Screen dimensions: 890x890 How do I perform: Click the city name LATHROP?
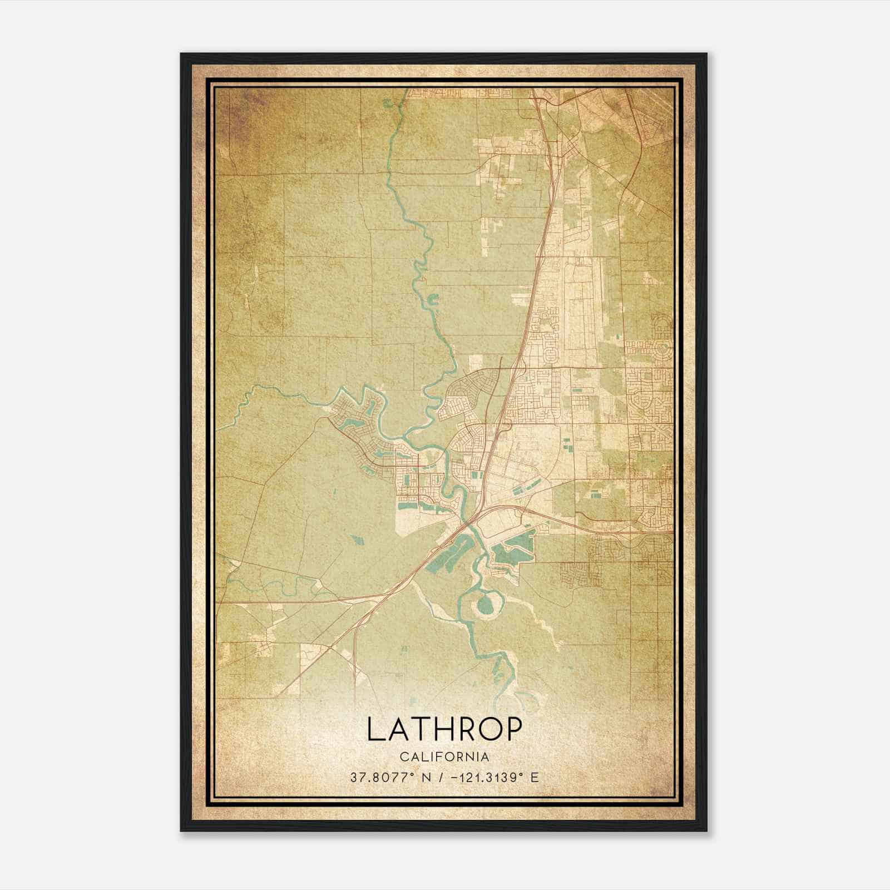coord(444,729)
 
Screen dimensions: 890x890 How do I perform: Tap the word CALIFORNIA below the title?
coord(444,757)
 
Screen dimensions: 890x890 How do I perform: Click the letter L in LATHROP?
coord(374,729)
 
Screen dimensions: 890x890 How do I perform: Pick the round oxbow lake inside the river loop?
coord(483,603)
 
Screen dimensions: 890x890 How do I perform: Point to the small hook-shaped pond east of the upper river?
coord(432,300)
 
